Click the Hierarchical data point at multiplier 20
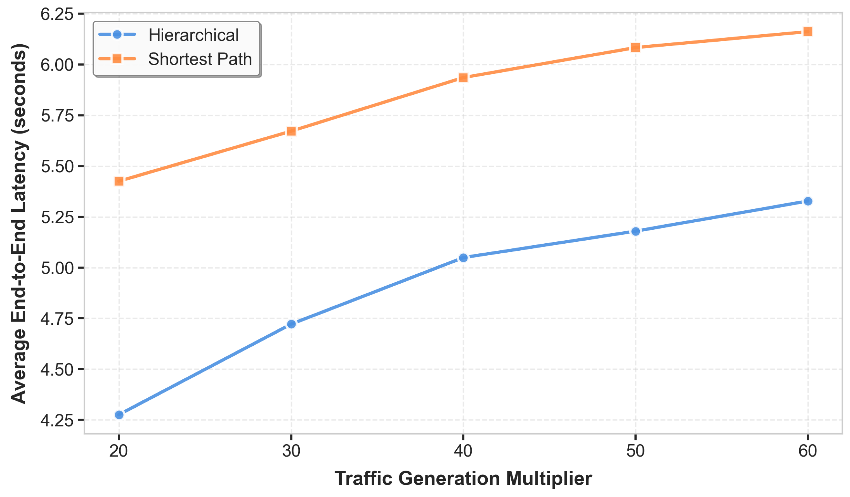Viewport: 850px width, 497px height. (x=119, y=415)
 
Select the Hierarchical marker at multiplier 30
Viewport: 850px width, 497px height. (x=292, y=324)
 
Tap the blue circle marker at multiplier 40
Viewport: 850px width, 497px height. (x=463, y=258)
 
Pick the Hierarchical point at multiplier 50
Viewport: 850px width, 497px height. (x=636, y=231)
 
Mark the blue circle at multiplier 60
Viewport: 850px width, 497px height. (x=808, y=201)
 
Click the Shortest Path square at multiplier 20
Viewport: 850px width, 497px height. (x=119, y=181)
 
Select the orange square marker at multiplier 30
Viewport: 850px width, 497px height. (x=292, y=131)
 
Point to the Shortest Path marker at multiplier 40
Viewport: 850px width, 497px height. (x=463, y=78)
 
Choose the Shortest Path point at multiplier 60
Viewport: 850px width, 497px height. (x=808, y=32)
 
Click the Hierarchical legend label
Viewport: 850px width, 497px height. (x=194, y=35)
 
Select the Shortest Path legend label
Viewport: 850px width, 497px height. (x=200, y=59)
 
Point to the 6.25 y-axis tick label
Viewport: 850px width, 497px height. (x=57, y=14)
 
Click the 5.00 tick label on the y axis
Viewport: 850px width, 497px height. (x=57, y=268)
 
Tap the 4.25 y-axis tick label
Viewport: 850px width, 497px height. (x=57, y=421)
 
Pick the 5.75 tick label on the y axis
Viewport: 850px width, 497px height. (x=57, y=116)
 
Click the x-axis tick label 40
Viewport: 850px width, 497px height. (x=463, y=451)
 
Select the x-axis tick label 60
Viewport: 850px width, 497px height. (x=808, y=451)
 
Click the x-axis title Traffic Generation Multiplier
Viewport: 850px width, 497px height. (x=463, y=479)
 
